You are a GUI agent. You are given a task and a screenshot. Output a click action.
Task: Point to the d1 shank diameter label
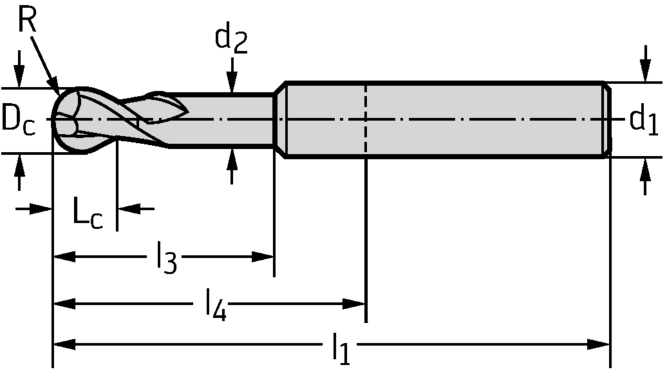pyautogui.click(x=642, y=121)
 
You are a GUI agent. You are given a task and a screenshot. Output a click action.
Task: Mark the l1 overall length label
pyautogui.click(x=340, y=349)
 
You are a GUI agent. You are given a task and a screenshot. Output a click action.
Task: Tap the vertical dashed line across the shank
pyautogui.click(x=366, y=121)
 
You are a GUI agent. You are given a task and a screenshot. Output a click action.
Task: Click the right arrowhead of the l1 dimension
pyautogui.click(x=600, y=343)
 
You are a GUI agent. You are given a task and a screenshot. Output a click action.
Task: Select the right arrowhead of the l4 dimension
pyautogui.click(x=355, y=303)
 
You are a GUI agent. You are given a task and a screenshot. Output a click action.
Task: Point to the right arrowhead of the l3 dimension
pyautogui.click(x=263, y=257)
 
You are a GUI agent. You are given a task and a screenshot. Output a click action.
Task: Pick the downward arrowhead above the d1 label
pyautogui.click(x=645, y=72)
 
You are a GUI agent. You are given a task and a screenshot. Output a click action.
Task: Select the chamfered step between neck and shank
pyautogui.click(x=280, y=120)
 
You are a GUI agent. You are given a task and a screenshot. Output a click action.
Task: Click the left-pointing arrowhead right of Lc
pyautogui.click(x=128, y=209)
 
